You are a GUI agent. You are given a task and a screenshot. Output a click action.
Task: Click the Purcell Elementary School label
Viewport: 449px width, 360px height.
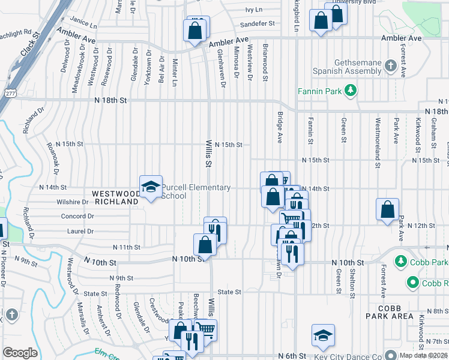[196, 191]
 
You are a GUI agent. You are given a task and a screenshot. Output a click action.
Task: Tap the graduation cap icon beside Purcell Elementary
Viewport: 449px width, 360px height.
[150, 187]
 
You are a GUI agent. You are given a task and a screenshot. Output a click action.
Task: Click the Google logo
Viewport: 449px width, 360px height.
[20, 352]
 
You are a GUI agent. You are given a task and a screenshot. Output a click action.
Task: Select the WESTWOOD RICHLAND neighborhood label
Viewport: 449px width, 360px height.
[115, 198]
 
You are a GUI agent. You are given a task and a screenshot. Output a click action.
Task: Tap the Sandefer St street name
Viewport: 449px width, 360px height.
[256, 24]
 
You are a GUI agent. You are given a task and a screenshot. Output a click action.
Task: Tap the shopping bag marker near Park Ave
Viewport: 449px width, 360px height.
[387, 209]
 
